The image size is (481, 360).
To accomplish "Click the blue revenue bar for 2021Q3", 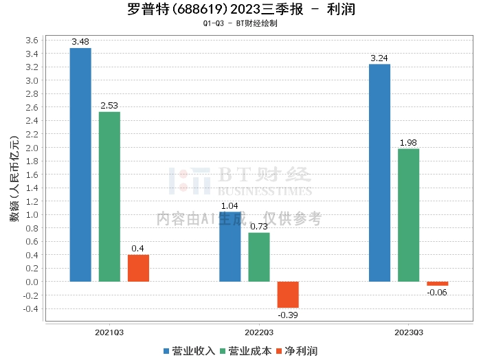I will [x=80, y=165].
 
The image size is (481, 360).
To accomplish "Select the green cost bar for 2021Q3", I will [x=109, y=196].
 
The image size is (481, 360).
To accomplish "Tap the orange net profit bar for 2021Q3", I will [x=138, y=268].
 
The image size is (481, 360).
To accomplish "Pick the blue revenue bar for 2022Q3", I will [x=230, y=247].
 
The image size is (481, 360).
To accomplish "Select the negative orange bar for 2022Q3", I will [x=288, y=295].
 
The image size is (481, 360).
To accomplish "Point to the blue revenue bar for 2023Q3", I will [x=379, y=172].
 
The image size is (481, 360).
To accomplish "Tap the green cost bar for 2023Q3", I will [x=408, y=215].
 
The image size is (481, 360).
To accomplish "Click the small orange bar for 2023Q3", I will [x=437, y=284].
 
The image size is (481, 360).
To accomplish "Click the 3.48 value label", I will [x=80, y=43].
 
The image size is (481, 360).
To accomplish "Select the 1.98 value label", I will [x=408, y=143].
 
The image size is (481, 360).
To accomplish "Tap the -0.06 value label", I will [x=437, y=293].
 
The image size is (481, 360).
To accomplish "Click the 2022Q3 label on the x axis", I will [x=259, y=332].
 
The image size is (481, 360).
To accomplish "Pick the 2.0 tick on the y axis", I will [x=32, y=147].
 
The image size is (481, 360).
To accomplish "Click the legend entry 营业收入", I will [x=189, y=350].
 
